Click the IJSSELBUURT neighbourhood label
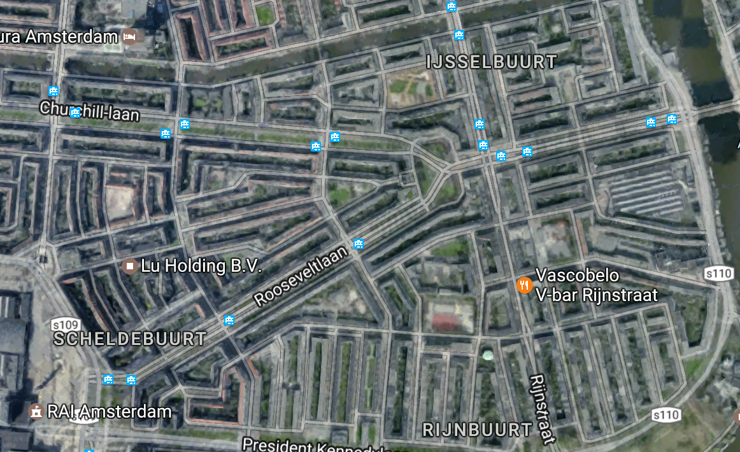point(491,62)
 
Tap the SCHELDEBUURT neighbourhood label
point(130,339)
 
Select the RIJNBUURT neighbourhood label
point(477,430)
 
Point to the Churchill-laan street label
point(89,111)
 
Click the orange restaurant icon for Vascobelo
point(523,285)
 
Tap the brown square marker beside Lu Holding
point(130,265)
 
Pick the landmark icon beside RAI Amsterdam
point(37,412)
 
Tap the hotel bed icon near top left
point(131,36)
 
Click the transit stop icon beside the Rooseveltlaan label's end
point(360,243)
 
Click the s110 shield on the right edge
point(720,273)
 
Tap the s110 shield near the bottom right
point(665,415)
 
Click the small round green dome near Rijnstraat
point(487,355)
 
